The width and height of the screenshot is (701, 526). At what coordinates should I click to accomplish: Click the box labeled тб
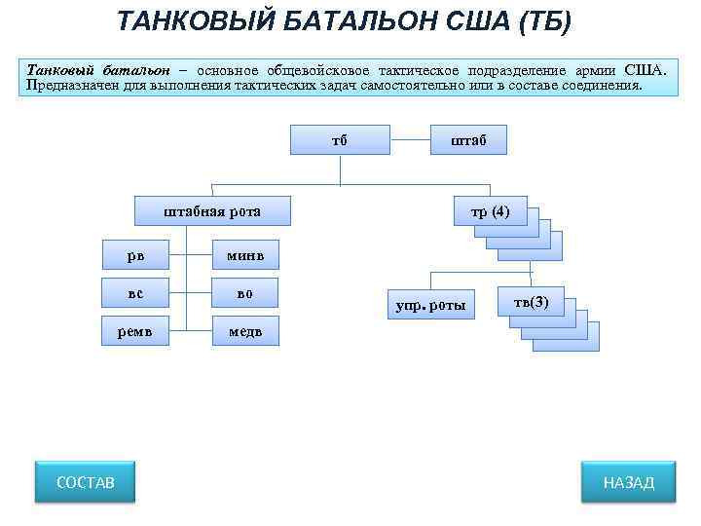[x=339, y=139]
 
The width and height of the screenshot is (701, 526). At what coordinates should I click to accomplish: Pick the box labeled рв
[x=135, y=254]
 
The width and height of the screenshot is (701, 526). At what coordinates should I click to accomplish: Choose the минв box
[x=245, y=254]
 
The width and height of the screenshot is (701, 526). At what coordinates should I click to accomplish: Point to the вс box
[x=135, y=292]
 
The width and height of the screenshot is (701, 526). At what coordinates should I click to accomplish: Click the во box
[x=245, y=292]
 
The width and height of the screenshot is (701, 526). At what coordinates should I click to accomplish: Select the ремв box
[x=135, y=330]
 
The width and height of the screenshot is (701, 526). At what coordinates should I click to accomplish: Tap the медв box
[x=245, y=330]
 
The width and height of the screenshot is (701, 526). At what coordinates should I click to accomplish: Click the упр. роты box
[x=430, y=306]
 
